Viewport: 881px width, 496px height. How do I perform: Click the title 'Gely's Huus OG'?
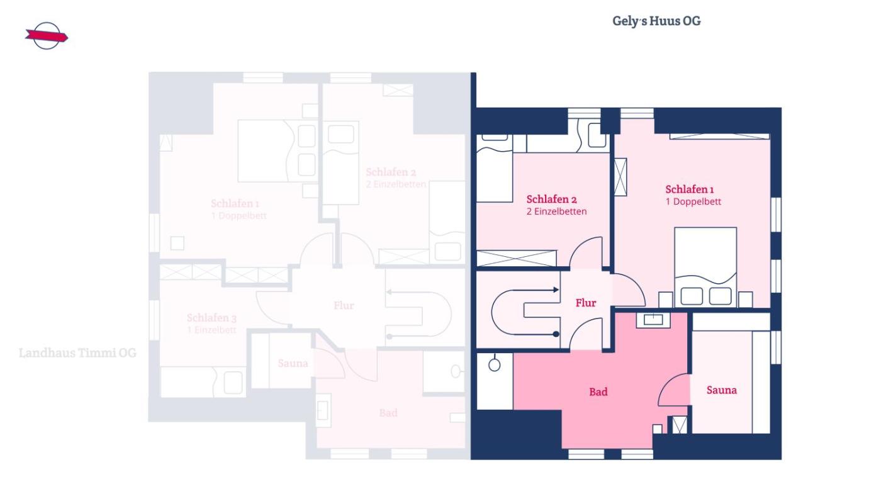point(656,21)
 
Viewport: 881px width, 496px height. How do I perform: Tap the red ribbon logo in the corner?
point(46,36)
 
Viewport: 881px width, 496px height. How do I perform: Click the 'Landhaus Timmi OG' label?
point(77,352)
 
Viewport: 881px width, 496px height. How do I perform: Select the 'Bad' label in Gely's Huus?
point(598,392)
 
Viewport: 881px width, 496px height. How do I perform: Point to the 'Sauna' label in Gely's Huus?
point(721,390)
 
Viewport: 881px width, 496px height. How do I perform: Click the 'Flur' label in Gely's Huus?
point(585,303)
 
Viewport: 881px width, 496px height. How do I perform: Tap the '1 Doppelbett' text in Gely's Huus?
point(693,201)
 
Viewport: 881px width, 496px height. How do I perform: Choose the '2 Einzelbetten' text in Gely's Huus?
point(556,211)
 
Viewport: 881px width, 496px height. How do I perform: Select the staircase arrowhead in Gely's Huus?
point(556,290)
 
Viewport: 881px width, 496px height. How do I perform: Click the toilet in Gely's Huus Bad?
point(495,364)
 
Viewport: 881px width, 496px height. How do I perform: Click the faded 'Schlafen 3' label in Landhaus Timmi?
point(211,318)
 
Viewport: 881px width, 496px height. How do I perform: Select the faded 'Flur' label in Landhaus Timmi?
point(344,305)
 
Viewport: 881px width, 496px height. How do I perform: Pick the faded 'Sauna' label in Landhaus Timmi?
point(293,363)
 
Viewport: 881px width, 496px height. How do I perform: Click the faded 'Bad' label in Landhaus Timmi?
point(388,413)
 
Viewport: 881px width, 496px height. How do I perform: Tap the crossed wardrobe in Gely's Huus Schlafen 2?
point(517,258)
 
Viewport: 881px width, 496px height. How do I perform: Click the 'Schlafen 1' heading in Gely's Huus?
point(690,189)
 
